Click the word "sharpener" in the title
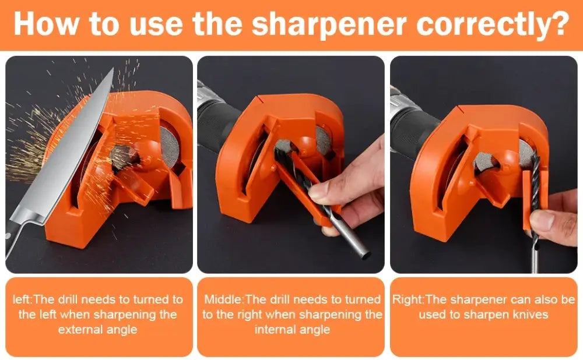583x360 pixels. [x=329, y=25]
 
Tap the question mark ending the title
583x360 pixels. [x=559, y=23]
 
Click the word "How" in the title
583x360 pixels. [x=47, y=23]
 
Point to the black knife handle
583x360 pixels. [x=10, y=238]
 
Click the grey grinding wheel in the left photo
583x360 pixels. [x=169, y=147]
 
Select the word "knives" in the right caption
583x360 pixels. [x=530, y=315]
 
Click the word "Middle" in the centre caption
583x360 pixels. [x=223, y=299]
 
